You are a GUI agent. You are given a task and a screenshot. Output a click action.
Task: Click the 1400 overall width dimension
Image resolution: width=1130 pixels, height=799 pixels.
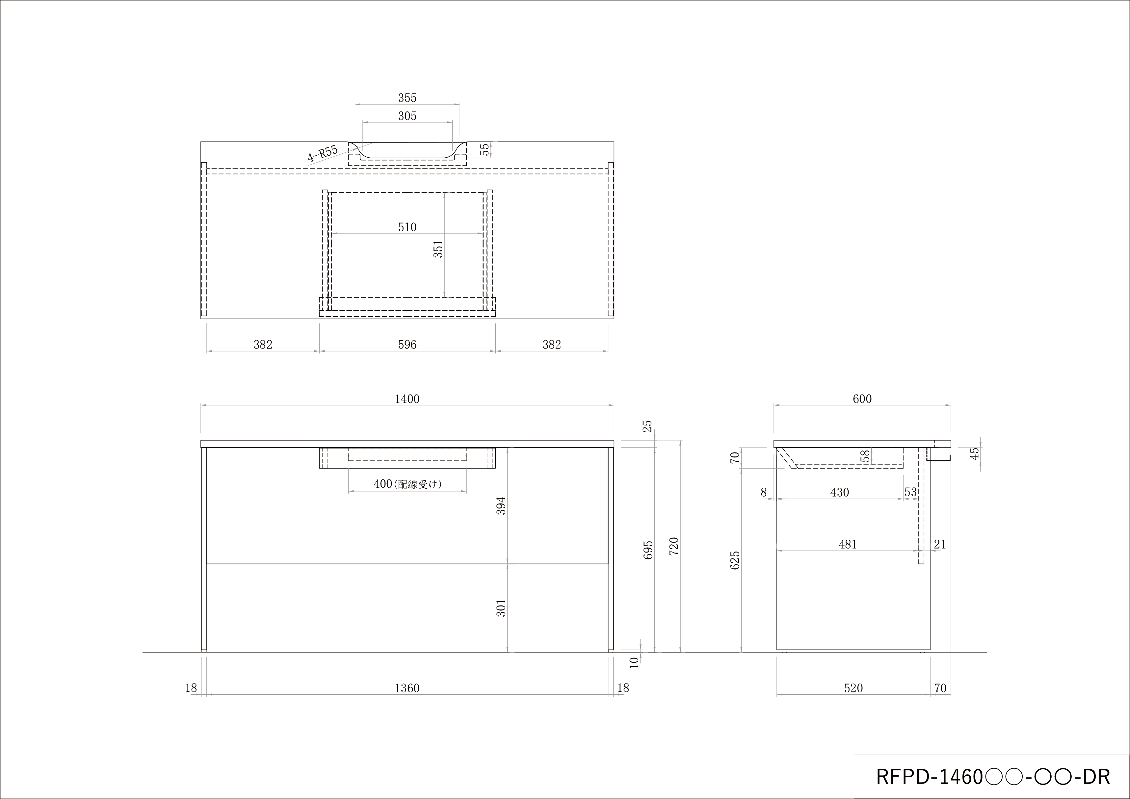407,399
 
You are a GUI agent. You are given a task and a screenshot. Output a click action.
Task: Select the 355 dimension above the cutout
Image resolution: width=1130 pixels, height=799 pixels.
407,98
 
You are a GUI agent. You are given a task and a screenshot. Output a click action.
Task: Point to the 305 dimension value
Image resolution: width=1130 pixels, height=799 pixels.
407,116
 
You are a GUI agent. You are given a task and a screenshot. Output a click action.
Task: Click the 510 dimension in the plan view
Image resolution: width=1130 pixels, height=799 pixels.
407,227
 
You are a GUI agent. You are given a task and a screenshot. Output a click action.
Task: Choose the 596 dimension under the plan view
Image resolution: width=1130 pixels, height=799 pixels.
407,345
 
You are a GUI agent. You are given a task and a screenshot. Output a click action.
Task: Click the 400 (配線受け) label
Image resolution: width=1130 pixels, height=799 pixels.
407,484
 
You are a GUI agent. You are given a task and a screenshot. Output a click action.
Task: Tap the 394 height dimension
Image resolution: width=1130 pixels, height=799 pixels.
501,506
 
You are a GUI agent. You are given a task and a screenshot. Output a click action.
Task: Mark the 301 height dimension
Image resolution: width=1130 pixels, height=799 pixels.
501,608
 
